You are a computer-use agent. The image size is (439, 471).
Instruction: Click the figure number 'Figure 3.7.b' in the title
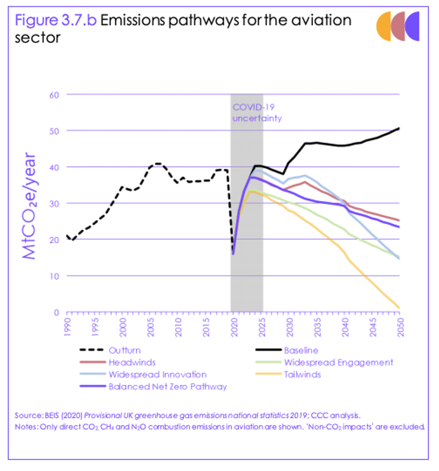pyautogui.click(x=55, y=20)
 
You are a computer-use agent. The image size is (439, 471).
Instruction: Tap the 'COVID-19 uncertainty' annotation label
pyautogui.click(x=257, y=113)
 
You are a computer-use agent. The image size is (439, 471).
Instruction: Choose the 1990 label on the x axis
pyautogui.click(x=68, y=325)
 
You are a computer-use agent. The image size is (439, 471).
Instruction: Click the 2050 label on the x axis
pyautogui.click(x=398, y=325)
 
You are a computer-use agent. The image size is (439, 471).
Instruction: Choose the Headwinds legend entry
pyautogui.click(x=130, y=362)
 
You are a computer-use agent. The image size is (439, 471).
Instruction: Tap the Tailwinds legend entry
pyautogui.click(x=302, y=374)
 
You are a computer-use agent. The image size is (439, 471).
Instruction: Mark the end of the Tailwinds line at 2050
pyautogui.click(x=399, y=308)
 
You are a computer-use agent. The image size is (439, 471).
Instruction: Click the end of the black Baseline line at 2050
pyautogui.click(x=399, y=128)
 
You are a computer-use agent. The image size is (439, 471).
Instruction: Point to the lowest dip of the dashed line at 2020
pyautogui.click(x=233, y=253)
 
